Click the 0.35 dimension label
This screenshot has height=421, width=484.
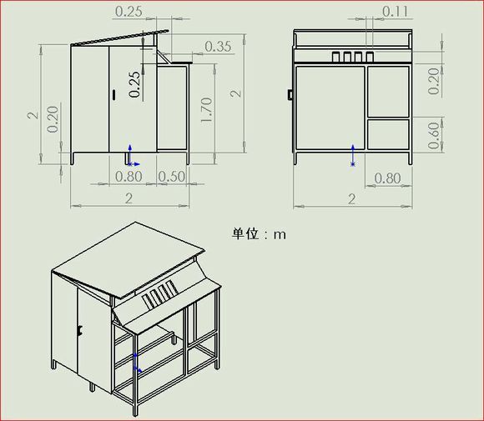tap(218, 46)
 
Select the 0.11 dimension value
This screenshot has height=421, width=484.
tap(395, 12)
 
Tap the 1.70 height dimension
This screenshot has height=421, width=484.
tap(206, 110)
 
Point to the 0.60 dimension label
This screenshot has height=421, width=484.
tap(434, 136)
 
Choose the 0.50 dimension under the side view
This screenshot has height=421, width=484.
tap(172, 177)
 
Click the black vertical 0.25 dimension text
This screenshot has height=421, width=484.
tap(135, 84)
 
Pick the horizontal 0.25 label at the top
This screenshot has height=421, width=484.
tap(129, 12)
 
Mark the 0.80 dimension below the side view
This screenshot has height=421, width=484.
tap(129, 177)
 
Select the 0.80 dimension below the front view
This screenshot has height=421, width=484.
tap(387, 178)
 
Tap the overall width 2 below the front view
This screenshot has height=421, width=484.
tap(352, 199)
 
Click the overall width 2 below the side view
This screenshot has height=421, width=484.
tap(129, 198)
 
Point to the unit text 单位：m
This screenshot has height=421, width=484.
tap(259, 234)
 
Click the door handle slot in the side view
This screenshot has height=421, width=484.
tap(113, 95)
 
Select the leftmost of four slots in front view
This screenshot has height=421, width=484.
tap(335, 57)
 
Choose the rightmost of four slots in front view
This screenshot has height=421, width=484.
tap(370, 57)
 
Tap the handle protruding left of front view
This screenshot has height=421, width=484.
tap(290, 95)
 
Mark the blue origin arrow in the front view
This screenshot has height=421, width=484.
tap(353, 155)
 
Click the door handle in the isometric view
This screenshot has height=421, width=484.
tap(80, 331)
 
